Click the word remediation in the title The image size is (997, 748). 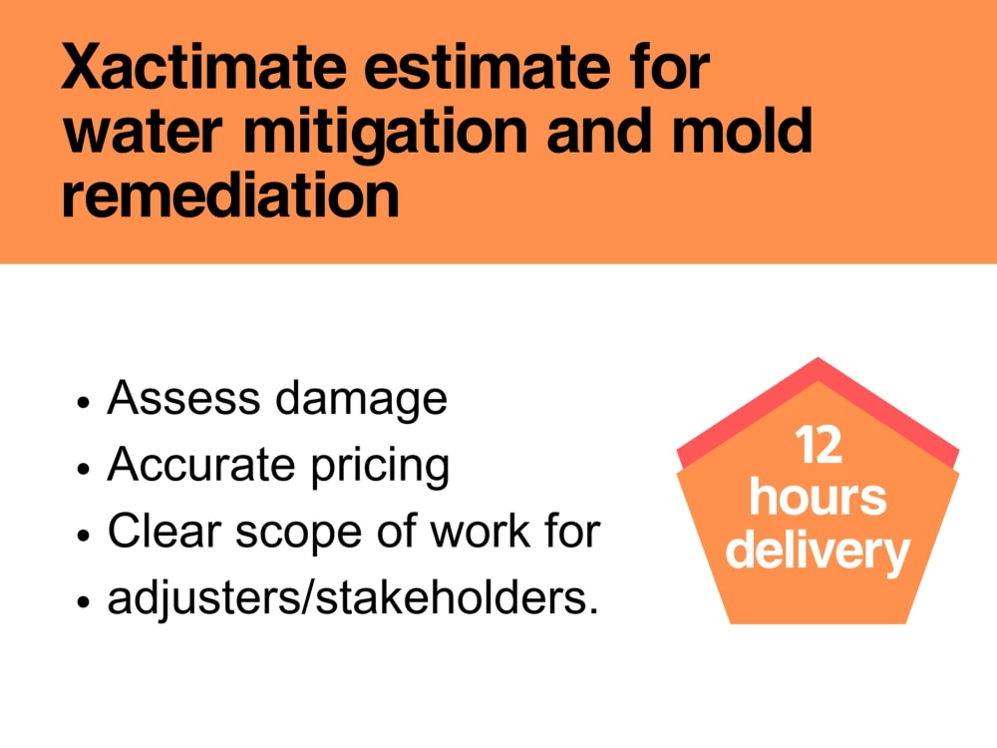coord(230,194)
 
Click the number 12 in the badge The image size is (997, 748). coord(819,446)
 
